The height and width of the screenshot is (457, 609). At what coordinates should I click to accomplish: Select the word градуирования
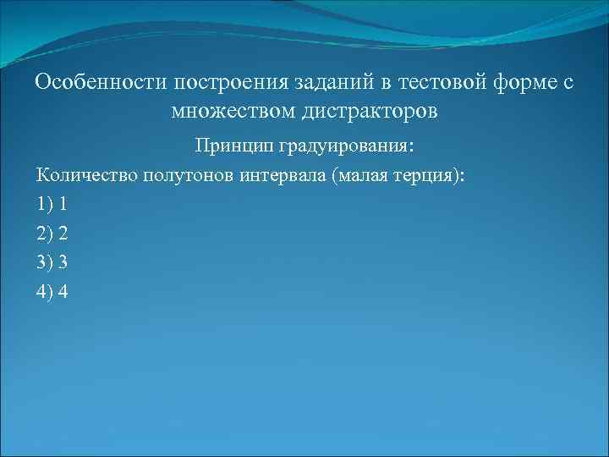tap(344, 146)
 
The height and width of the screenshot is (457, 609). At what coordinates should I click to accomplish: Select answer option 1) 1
tap(52, 204)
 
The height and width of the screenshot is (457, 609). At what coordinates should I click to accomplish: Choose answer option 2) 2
tap(52, 233)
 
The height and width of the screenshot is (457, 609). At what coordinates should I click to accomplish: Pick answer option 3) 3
tap(52, 262)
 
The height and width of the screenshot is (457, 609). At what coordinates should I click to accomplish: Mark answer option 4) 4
tap(52, 291)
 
